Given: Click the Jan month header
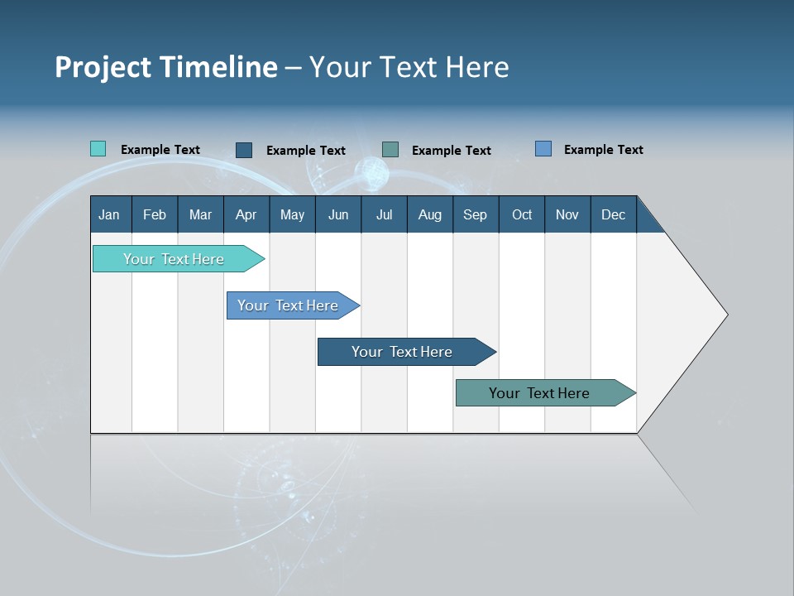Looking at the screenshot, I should point(110,214).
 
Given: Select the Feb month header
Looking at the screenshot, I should point(155,214).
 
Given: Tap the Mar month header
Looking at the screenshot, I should point(200,214).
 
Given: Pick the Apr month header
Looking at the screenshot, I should point(246,214).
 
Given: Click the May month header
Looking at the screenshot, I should point(292,214).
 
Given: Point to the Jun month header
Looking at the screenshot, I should point(338,214).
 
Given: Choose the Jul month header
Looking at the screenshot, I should point(384,214).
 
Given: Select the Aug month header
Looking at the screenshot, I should point(430,214).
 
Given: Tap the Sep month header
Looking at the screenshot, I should point(476,214).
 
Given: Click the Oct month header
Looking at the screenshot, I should point(522,214).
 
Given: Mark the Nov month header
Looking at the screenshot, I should point(567,214).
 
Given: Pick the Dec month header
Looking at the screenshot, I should point(614,214).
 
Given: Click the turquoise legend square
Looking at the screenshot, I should point(98,149).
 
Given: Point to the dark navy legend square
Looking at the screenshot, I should point(244,150).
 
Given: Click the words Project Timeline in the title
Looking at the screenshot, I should point(166,67).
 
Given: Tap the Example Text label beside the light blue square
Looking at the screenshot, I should point(603,150).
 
